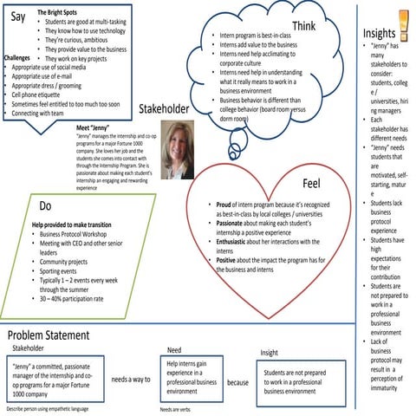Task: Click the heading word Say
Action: [17, 16]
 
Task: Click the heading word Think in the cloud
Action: [302, 26]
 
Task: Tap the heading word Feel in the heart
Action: [311, 185]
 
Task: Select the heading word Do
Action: [45, 205]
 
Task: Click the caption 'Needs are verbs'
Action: [180, 408]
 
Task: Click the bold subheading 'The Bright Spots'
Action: [62, 13]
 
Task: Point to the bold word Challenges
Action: [17, 58]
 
